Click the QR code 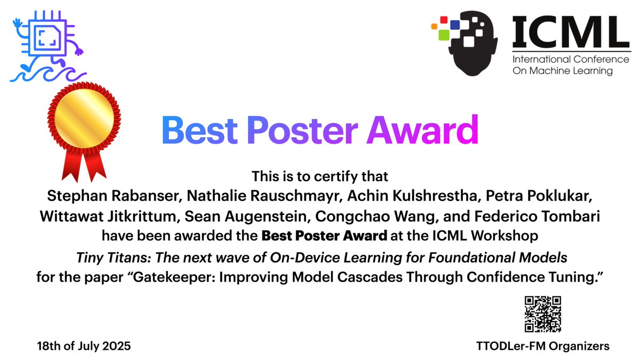pos(542,314)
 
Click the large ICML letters pos(570,31)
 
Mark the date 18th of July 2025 pos(84,346)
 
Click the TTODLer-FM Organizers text pos(542,346)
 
